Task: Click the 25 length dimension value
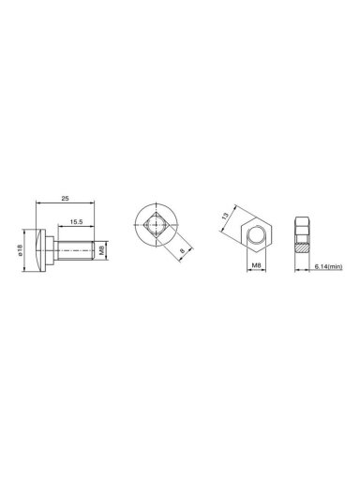[x=65, y=198]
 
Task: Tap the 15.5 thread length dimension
[x=76, y=221]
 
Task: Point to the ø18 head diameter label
[x=21, y=250]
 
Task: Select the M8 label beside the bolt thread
[x=102, y=250]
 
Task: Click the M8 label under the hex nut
[x=256, y=265]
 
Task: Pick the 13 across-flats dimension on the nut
[x=225, y=216]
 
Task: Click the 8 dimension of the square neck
[x=182, y=250]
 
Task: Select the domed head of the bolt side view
[x=41, y=250]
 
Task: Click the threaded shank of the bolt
[x=74, y=250]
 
